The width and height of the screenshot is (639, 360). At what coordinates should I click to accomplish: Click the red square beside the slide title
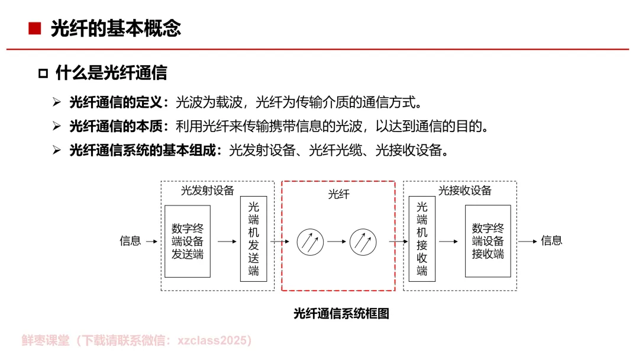tap(35, 28)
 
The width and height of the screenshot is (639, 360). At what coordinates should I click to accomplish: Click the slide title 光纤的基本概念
tap(115, 28)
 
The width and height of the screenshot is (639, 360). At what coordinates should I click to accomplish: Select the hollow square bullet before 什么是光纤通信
tap(43, 73)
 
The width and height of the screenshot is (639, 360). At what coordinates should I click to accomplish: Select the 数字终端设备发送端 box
tap(188, 241)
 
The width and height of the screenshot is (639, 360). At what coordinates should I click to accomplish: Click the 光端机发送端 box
tap(253, 239)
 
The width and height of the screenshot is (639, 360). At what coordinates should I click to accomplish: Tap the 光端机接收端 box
tap(422, 239)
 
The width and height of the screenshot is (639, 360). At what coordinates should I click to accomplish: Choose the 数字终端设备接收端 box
tap(488, 241)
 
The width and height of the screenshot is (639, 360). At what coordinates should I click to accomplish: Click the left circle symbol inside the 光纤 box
tap(310, 242)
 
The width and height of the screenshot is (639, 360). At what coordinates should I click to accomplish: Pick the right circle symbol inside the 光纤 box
tap(363, 242)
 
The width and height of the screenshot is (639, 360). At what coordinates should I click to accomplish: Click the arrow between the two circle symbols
tap(337, 242)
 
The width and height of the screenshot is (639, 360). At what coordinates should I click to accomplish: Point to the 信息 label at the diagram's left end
tap(130, 241)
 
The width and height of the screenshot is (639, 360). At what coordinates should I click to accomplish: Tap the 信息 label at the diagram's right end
tap(551, 240)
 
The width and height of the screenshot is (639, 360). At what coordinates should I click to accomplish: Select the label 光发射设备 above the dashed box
tap(207, 191)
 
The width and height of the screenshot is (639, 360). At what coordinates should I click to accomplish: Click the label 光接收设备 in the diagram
tap(464, 191)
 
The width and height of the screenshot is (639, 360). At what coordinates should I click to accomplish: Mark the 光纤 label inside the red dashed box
tap(338, 194)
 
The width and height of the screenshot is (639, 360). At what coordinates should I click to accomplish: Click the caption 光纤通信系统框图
tap(341, 314)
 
